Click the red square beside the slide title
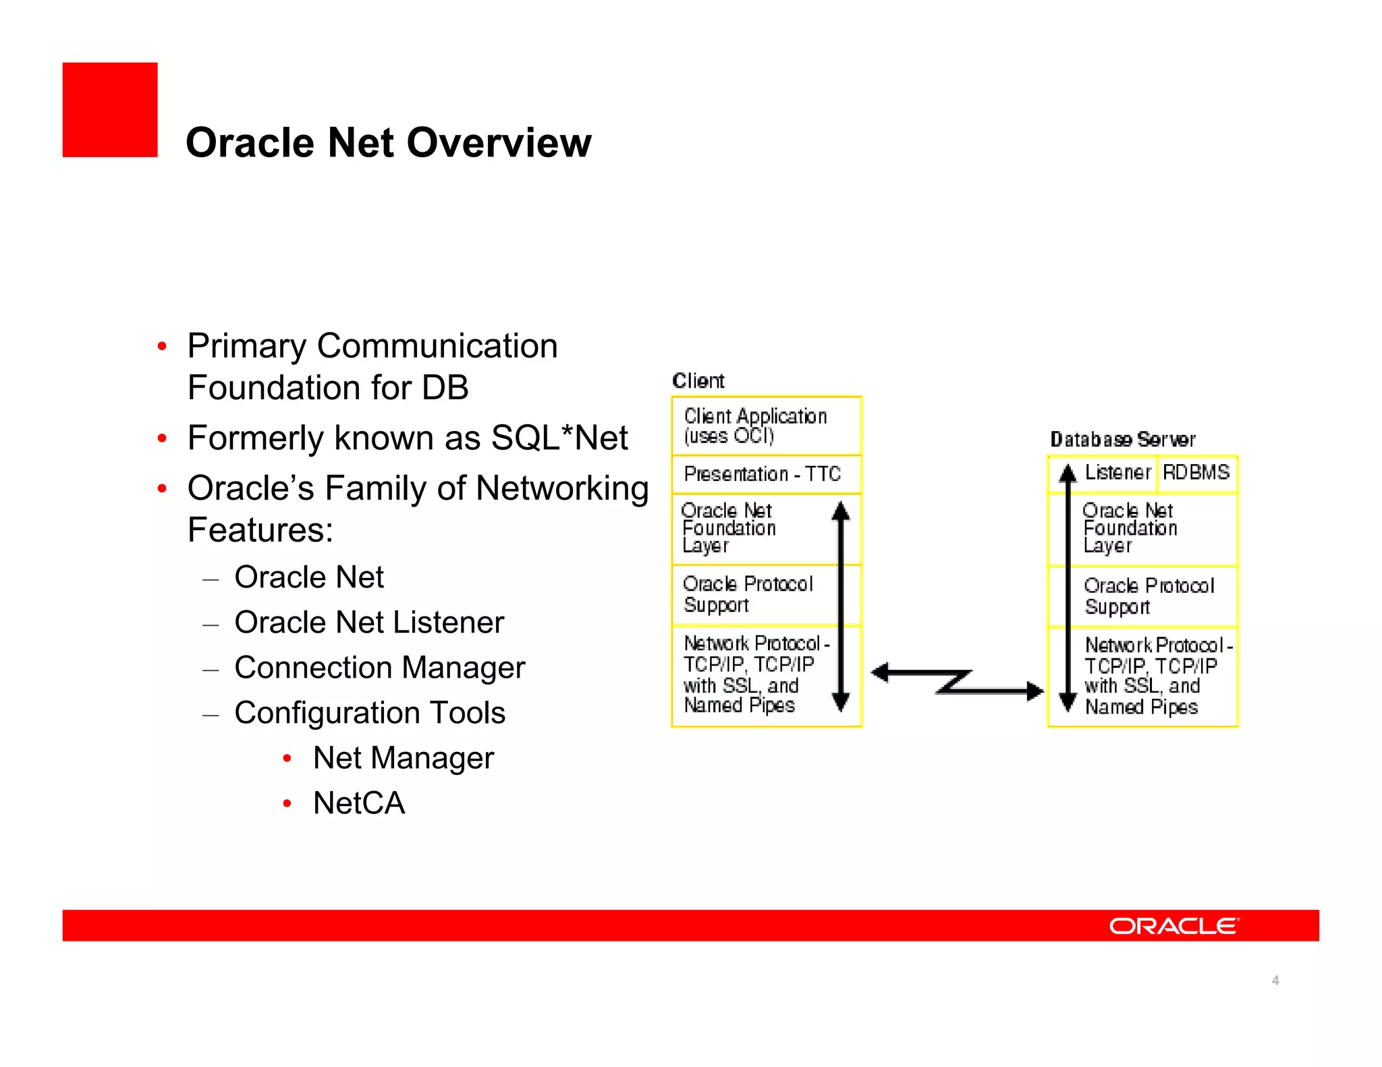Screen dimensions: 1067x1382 tap(110, 110)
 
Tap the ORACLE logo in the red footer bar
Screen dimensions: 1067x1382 tap(1173, 925)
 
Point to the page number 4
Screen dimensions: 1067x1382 tap(1275, 980)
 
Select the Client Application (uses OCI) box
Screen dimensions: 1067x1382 tap(766, 426)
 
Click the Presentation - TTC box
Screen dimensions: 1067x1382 tap(766, 474)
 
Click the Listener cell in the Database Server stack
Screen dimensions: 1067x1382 tap(1117, 472)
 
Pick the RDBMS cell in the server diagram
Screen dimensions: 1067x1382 tap(1196, 472)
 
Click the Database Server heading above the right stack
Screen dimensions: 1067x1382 tap(1122, 440)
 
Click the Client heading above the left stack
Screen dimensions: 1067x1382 tap(698, 381)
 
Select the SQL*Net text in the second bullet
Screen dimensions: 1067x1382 tap(559, 438)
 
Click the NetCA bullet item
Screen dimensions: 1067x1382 tap(358, 803)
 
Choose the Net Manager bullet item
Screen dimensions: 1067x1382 tap(403, 757)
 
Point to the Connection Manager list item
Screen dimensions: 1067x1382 tap(379, 668)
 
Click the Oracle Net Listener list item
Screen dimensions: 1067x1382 tap(368, 623)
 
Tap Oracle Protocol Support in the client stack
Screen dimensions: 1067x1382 tap(748, 594)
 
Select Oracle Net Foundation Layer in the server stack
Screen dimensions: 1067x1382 tap(1130, 528)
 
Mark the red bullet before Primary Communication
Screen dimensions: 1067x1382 tap(162, 347)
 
